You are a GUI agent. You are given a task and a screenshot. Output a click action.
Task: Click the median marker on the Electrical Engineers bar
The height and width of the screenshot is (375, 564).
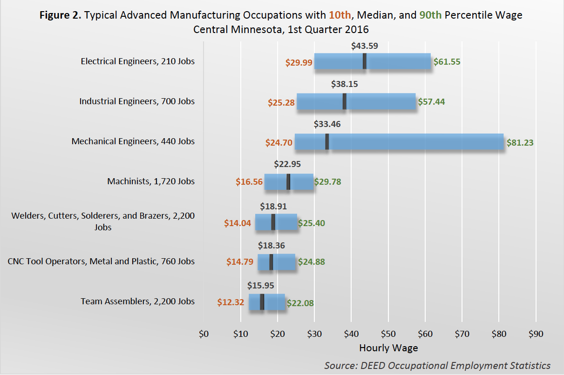[365, 61]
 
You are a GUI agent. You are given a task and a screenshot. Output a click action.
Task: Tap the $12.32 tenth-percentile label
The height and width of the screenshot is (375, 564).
[231, 302]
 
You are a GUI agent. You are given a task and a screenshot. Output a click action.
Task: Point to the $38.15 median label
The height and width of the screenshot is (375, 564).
[345, 85]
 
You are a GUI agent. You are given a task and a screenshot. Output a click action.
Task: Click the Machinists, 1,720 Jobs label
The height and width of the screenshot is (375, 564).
[151, 181]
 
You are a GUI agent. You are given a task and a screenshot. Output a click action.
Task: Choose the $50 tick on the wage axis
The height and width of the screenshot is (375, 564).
[388, 334]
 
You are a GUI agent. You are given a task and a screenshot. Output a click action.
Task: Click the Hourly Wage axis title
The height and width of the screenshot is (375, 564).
[388, 348]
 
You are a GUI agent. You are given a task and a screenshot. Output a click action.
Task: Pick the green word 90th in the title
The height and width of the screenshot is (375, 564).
[430, 15]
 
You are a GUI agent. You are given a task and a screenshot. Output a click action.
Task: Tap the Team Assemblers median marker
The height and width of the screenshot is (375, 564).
[262, 302]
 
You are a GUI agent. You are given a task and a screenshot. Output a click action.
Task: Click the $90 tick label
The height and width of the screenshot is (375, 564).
[536, 334]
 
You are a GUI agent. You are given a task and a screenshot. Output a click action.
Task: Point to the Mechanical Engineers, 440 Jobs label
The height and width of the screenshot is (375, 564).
[133, 141]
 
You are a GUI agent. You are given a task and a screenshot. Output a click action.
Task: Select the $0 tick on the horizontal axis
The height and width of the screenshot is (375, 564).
[204, 334]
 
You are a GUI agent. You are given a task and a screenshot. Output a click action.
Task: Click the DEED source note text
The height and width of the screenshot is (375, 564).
[437, 365]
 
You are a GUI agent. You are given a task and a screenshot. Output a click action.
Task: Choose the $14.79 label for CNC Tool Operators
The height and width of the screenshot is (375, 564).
[240, 262]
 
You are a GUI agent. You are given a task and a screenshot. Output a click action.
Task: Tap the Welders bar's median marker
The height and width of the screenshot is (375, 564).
[273, 222]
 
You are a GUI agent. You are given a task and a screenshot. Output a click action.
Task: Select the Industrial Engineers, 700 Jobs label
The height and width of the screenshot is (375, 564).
[137, 101]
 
